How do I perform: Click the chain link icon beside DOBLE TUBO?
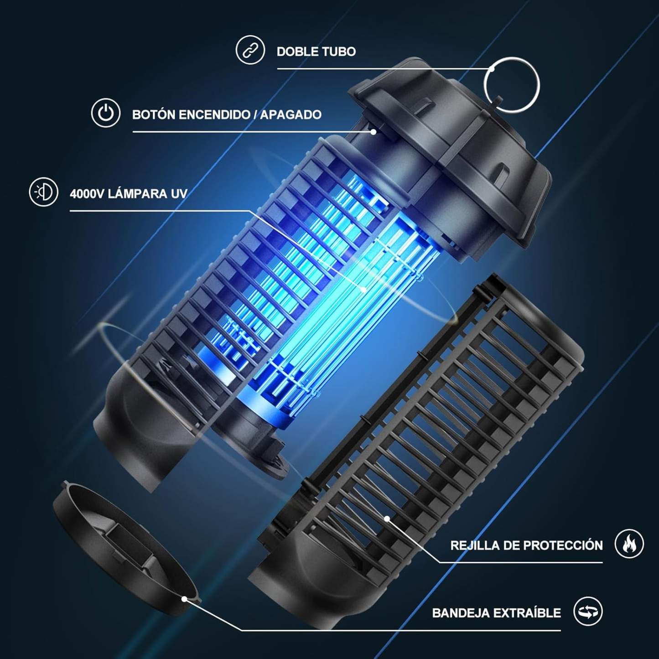coord(250,50)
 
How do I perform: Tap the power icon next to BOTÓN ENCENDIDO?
coord(106,113)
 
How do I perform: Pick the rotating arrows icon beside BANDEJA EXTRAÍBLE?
coord(588,611)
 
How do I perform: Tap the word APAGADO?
coord(291,114)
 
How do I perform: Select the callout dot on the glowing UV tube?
coord(364,290)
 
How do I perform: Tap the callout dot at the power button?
coord(374,131)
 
